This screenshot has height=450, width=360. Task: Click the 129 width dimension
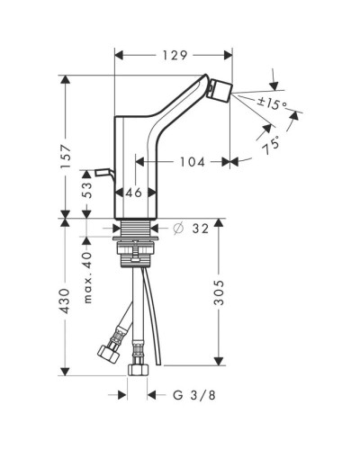click(x=175, y=55)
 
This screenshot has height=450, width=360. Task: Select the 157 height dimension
click(x=66, y=157)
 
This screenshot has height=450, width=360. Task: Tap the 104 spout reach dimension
click(x=193, y=162)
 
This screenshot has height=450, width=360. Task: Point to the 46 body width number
click(x=134, y=193)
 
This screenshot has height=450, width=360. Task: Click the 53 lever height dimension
click(x=86, y=190)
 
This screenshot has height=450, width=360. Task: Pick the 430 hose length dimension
click(x=66, y=301)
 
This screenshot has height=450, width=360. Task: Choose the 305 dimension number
click(x=219, y=292)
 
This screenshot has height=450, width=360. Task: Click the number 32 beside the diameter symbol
click(x=200, y=229)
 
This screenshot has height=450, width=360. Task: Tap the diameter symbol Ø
click(x=178, y=229)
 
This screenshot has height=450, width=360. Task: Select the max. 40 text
click(x=87, y=277)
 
